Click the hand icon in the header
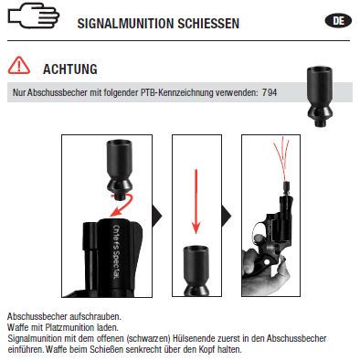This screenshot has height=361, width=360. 34,16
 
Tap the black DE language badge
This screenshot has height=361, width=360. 338,21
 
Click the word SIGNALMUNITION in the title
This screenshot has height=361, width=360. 125,24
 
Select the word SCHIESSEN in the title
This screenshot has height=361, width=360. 208,24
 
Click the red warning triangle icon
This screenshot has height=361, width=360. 19,66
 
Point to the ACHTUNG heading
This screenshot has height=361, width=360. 70,69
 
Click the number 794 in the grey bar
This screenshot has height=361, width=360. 270,92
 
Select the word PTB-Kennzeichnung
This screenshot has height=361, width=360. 176,92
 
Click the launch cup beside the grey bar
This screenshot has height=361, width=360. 320,96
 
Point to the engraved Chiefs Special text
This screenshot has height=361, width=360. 117,252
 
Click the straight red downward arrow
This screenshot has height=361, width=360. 196,201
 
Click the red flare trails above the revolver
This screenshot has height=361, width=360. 282,158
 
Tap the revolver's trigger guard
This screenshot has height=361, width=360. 259,231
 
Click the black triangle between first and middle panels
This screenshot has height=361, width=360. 156,216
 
